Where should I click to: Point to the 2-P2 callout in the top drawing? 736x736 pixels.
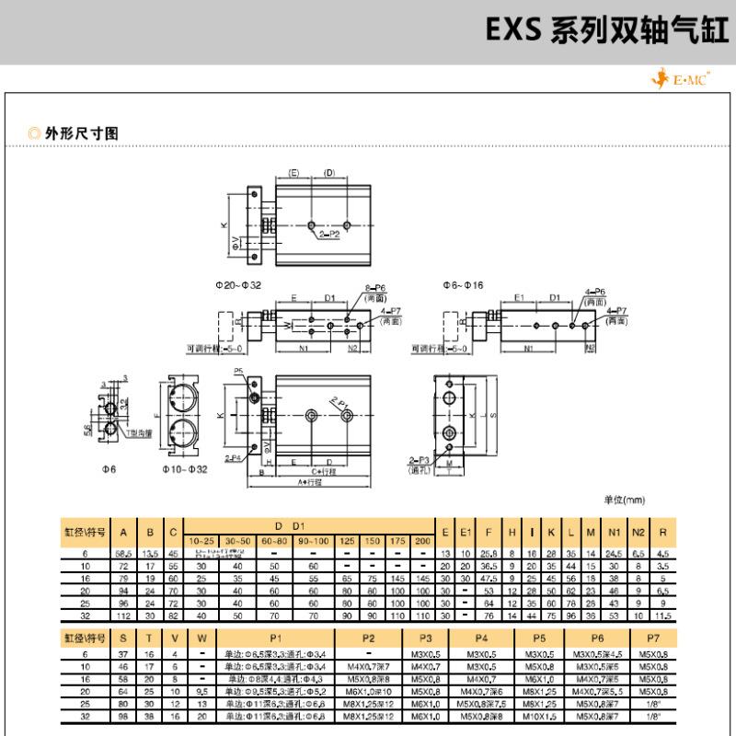(329, 236)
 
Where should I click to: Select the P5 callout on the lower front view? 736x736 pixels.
(239, 372)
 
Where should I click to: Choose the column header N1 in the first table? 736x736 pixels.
(614, 533)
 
